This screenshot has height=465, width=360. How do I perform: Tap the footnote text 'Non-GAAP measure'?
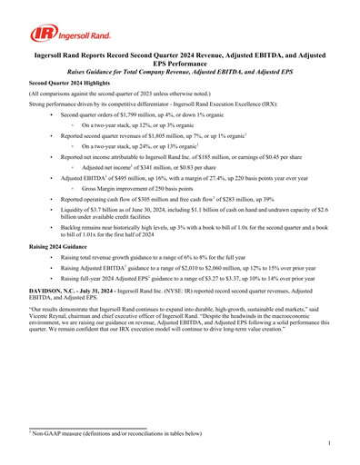pyautogui.click(x=58, y=431)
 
